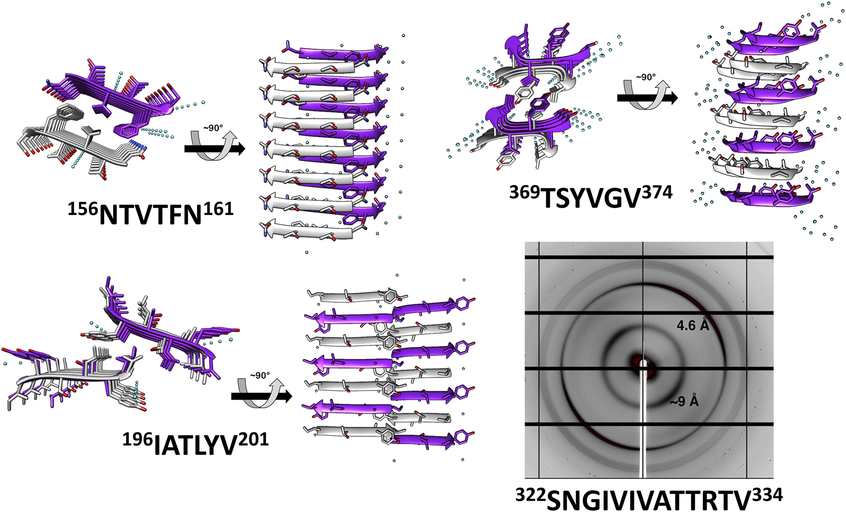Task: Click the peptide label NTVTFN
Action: click(151, 215)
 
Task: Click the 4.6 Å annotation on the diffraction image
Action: click(693, 326)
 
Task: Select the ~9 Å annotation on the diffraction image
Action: click(684, 402)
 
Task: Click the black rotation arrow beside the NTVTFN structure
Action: click(214, 149)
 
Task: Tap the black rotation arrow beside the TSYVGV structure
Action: click(647, 98)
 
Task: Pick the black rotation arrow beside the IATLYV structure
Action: click(261, 396)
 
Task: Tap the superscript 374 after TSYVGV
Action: click(657, 192)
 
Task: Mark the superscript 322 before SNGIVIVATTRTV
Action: click(530, 494)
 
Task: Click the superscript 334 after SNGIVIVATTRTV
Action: click(768, 494)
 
